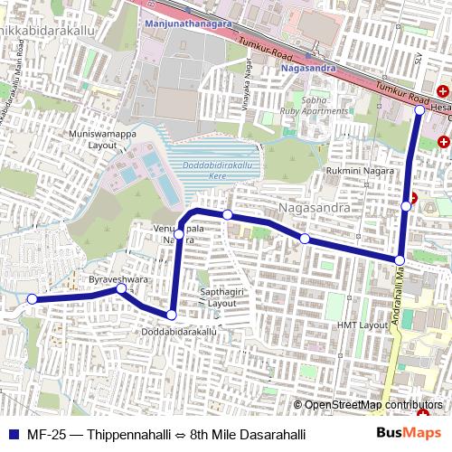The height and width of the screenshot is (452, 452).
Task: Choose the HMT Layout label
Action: pos(362,325)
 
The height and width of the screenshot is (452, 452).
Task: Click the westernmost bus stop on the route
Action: pos(31,299)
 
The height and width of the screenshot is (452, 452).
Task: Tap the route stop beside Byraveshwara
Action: pos(120,290)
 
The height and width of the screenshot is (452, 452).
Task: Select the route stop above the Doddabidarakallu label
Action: pos(172,314)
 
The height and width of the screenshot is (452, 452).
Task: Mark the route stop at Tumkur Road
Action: pos(419,109)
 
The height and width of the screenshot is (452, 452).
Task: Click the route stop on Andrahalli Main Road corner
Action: pos(399,260)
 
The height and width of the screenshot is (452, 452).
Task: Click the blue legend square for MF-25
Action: pos(12,433)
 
